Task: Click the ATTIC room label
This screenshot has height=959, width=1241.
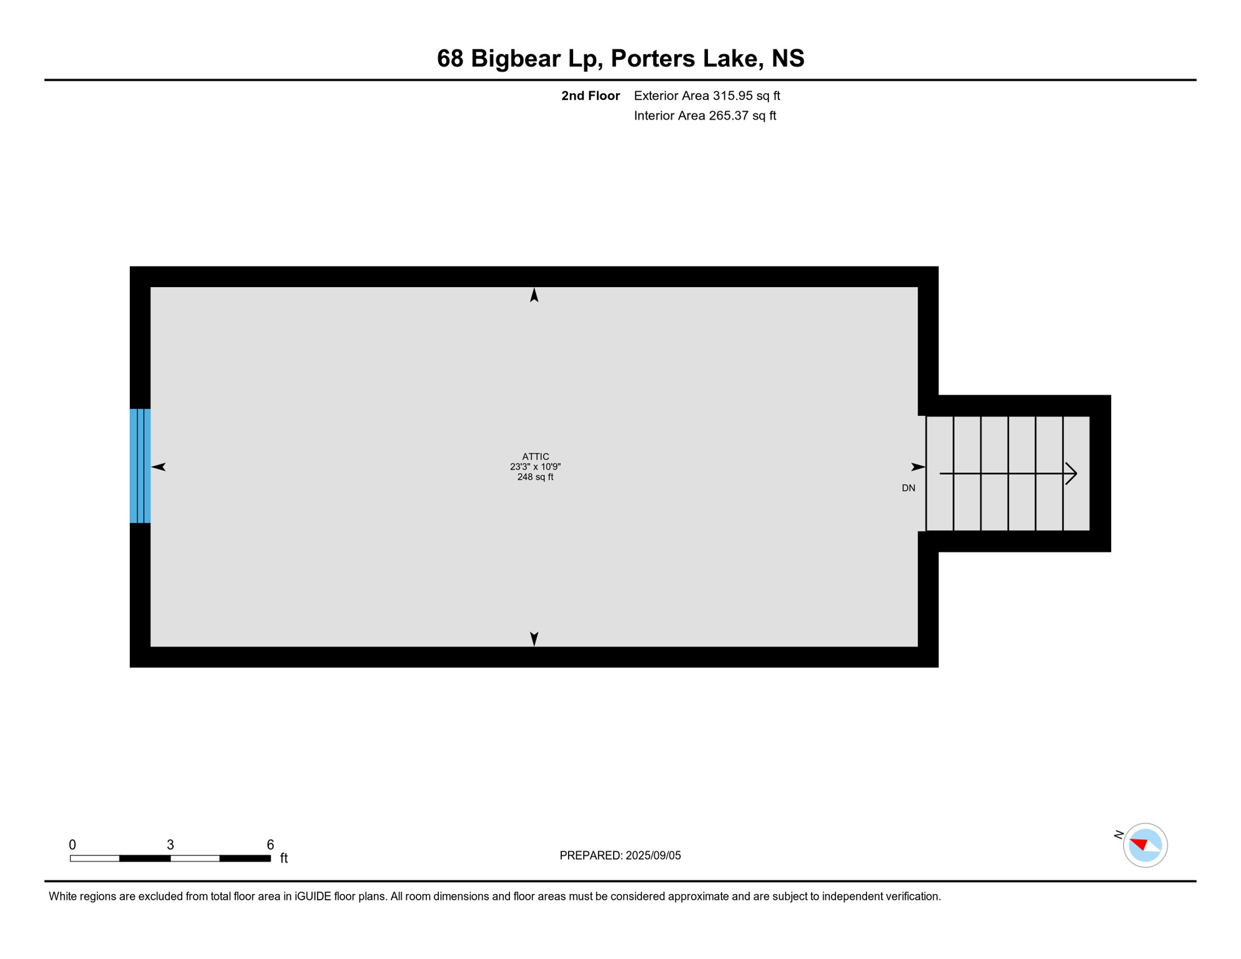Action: point(535,456)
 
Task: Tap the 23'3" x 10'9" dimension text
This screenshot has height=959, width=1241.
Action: point(535,466)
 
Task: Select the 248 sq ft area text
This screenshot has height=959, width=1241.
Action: point(535,477)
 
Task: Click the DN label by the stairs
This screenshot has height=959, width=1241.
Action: point(908,488)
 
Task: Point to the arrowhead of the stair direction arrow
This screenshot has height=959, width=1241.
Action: point(1072,473)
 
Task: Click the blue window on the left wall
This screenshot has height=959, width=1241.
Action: point(140,466)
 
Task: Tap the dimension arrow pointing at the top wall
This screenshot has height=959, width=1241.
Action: point(534,295)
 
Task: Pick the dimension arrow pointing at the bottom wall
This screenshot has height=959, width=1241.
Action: point(534,638)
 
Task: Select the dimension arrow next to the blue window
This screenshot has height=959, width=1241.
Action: point(159,467)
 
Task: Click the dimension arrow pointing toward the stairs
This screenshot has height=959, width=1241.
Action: point(918,467)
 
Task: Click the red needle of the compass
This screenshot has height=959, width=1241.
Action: point(1139,844)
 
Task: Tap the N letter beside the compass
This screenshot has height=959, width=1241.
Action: point(1119,834)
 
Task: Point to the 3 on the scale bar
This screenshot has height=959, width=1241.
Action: point(170,845)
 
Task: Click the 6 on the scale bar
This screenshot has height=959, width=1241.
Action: point(270,845)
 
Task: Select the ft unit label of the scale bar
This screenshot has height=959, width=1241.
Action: point(284,858)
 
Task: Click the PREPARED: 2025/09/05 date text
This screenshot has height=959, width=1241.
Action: point(620,855)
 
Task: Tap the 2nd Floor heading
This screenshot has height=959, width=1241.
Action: point(590,96)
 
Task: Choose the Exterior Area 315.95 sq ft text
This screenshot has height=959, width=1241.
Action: point(707,96)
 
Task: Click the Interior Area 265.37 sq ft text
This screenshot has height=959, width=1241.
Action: point(705,116)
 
